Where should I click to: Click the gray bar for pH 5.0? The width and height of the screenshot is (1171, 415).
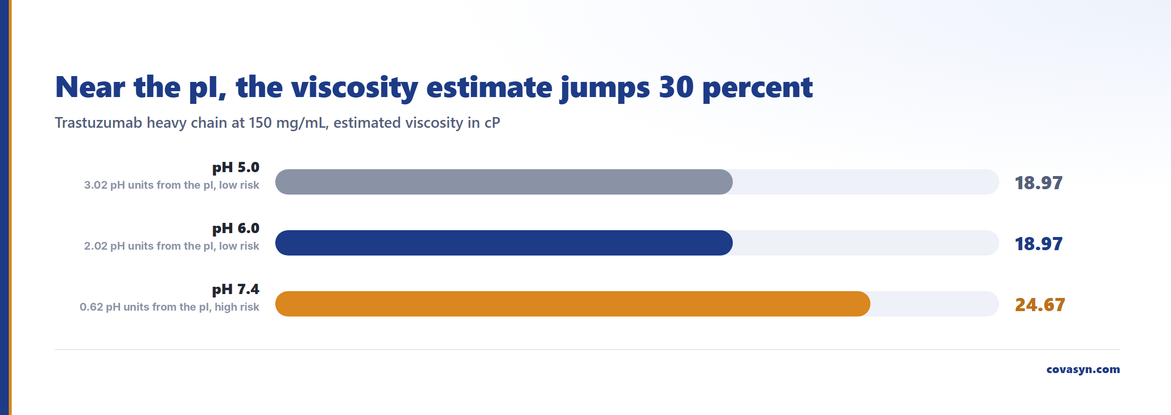(x=504, y=182)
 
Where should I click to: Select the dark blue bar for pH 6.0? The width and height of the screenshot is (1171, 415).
(x=504, y=243)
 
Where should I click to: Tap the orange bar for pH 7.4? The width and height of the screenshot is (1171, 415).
(x=572, y=304)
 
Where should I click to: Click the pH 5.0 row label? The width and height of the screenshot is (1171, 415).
(x=236, y=168)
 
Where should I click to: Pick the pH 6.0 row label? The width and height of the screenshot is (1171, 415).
(x=236, y=229)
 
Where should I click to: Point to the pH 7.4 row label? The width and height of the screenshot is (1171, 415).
(x=236, y=290)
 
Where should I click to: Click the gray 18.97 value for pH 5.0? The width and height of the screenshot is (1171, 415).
(x=1038, y=183)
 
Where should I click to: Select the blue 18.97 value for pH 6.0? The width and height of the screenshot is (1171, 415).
(x=1038, y=244)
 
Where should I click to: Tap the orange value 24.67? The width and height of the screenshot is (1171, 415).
(x=1040, y=305)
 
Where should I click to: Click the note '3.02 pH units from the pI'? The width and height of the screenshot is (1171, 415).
(x=149, y=185)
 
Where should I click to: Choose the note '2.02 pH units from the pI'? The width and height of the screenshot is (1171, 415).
(x=149, y=246)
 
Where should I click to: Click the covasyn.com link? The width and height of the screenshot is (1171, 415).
(x=1083, y=370)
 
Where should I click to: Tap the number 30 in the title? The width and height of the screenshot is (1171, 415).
(x=676, y=87)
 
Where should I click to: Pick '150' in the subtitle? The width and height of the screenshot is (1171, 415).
(x=260, y=122)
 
